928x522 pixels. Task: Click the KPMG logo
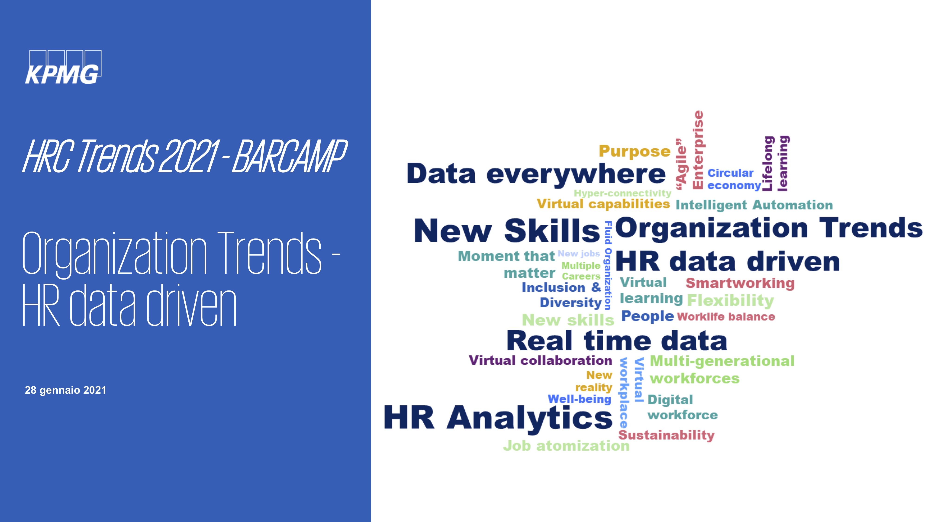pyautogui.click(x=63, y=67)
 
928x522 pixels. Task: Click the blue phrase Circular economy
pyautogui.click(x=734, y=179)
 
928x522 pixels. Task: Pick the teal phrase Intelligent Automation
pyautogui.click(x=754, y=205)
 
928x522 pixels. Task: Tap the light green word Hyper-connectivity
pyautogui.click(x=622, y=193)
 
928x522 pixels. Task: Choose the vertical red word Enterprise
pyautogui.click(x=698, y=149)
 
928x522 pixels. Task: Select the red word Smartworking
pyautogui.click(x=740, y=283)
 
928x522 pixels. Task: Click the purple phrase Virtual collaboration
pyautogui.click(x=540, y=360)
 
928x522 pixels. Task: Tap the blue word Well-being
pyautogui.click(x=579, y=399)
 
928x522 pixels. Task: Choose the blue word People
pyautogui.click(x=647, y=316)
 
